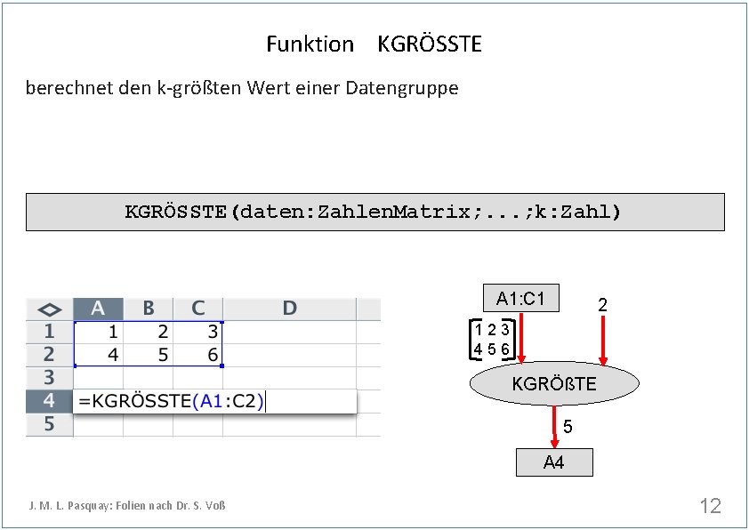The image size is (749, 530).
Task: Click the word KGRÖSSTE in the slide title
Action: (x=430, y=44)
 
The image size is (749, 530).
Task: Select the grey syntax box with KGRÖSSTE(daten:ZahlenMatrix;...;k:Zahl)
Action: (x=374, y=212)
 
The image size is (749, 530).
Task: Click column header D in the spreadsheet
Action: (x=289, y=309)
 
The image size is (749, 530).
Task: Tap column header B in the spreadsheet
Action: (x=148, y=309)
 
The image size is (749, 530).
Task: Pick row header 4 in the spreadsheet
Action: (x=49, y=400)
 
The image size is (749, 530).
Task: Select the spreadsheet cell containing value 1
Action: (x=98, y=332)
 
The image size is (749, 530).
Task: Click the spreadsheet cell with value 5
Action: (x=148, y=354)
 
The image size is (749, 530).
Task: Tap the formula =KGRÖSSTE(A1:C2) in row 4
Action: (x=171, y=401)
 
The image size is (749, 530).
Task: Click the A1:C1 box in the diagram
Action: (x=520, y=298)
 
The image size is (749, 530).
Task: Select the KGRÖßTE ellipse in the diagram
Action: (x=553, y=384)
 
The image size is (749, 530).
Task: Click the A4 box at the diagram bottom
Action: (x=553, y=462)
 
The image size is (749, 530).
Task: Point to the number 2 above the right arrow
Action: (x=602, y=305)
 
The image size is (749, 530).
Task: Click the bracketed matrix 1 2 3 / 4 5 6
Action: (x=490, y=340)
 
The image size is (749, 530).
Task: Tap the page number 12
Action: (x=710, y=506)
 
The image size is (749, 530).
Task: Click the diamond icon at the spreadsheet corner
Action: (x=49, y=309)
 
